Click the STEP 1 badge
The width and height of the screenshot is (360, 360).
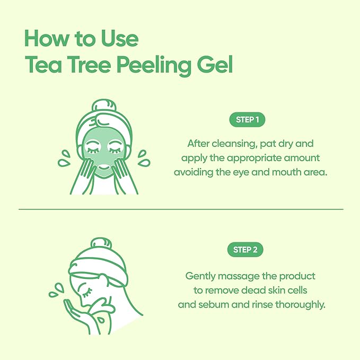click(247, 120)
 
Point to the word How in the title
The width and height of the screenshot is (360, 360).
click(45, 39)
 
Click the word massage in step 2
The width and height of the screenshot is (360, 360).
click(234, 276)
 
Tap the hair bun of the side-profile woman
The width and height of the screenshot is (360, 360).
click(98, 245)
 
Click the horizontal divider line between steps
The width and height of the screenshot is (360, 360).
click(180, 209)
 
